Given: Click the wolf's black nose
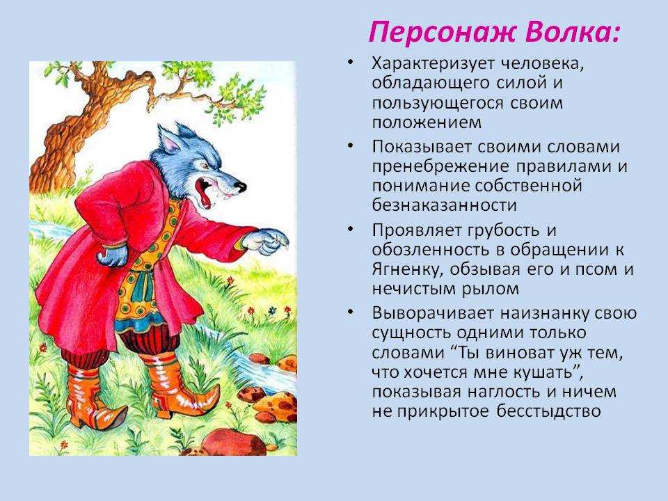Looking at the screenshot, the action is click(x=241, y=186).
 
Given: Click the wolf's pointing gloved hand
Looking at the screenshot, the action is click(x=266, y=241).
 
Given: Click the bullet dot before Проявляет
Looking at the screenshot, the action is click(x=350, y=229).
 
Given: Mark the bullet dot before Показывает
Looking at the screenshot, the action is click(x=350, y=145).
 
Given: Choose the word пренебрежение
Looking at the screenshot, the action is click(x=440, y=166).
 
